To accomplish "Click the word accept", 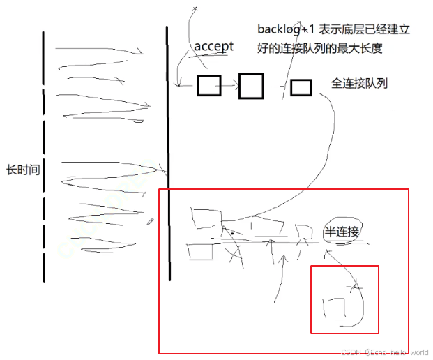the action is (x=213, y=46).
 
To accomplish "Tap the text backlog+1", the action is (x=282, y=29).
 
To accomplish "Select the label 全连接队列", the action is (x=359, y=84).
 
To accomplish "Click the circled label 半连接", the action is (x=342, y=232).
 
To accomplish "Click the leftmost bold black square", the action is (x=208, y=85).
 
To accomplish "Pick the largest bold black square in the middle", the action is (x=251, y=85).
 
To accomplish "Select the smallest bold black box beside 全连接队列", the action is (x=301, y=87).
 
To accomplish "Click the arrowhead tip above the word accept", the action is (x=195, y=8).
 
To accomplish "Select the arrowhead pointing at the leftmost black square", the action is (x=181, y=85).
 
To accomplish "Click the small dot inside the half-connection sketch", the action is (x=232, y=224).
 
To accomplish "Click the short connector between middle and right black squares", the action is (x=278, y=87).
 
